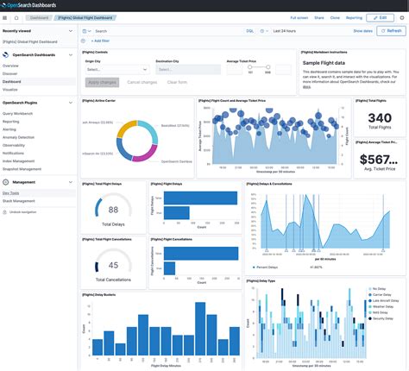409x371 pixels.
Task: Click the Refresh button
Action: click(390, 30)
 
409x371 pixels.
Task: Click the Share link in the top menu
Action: click(320, 17)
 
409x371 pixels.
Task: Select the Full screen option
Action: click(299, 17)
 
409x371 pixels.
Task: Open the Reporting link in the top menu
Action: click(353, 17)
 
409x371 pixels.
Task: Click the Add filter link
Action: click(100, 40)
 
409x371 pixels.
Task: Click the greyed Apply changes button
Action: click(102, 82)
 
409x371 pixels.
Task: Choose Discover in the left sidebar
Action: click(10, 72)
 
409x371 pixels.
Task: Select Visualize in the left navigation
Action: click(10, 89)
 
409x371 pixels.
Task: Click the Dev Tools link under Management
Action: click(11, 192)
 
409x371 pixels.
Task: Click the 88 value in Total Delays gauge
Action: click(113, 210)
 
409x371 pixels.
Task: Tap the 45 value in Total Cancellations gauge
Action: click(113, 265)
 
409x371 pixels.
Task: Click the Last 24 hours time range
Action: click(286, 30)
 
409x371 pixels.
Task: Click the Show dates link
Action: click(362, 30)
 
